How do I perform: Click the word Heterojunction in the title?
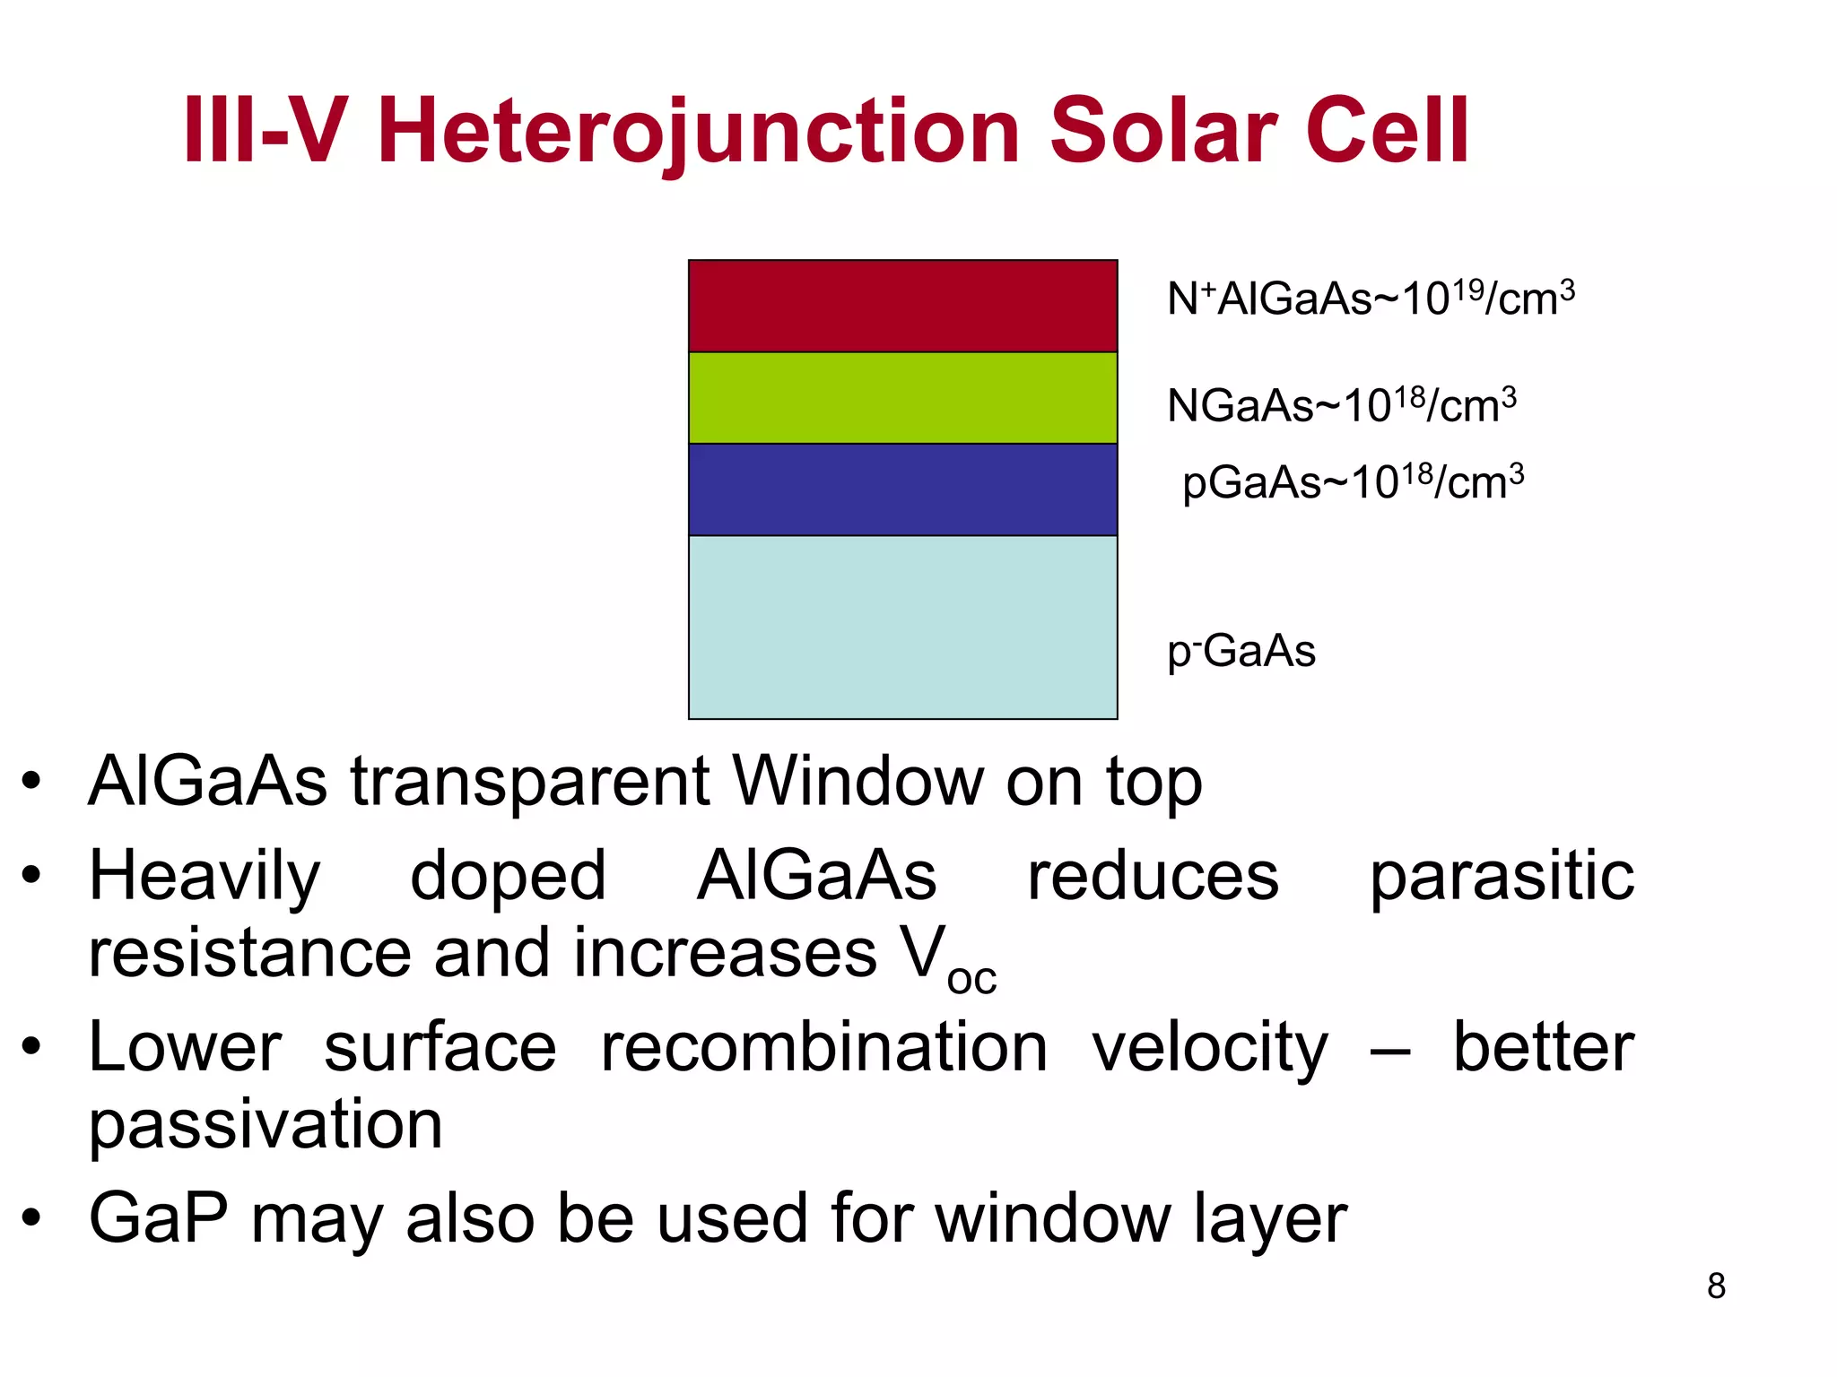pos(700,133)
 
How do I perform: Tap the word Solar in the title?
pos(1162,133)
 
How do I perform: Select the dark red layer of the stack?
pos(902,306)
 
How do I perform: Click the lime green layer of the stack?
pos(902,398)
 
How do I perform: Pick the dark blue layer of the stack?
pos(902,489)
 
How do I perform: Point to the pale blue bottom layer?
pos(902,627)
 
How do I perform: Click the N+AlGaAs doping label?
pos(1370,299)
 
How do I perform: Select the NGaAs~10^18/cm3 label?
pos(1341,405)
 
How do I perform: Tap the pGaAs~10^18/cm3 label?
pos(1352,482)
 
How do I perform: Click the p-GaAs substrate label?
pos(1241,651)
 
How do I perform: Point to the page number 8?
pos(1716,1286)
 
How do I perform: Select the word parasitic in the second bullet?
pos(1502,876)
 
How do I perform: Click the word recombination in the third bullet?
pos(823,1047)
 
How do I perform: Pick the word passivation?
pos(266,1125)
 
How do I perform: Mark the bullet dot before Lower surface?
pos(32,1046)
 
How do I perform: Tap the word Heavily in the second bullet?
pos(205,876)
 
